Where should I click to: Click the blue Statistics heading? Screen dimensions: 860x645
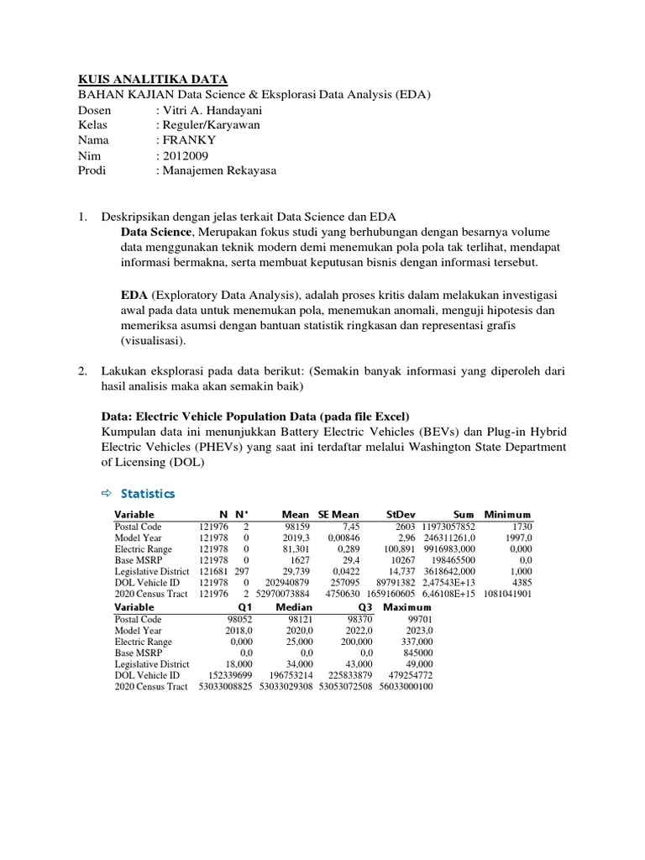pyautogui.click(x=148, y=493)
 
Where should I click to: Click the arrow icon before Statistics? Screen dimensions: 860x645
pyautogui.click(x=107, y=493)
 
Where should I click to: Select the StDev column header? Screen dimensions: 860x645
pyautogui.click(x=401, y=514)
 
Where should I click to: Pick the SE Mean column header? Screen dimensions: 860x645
pyautogui.click(x=338, y=514)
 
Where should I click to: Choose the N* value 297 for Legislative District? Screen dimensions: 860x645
pyautogui.click(x=244, y=569)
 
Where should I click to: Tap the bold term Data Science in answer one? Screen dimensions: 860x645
pyautogui.click(x=158, y=232)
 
